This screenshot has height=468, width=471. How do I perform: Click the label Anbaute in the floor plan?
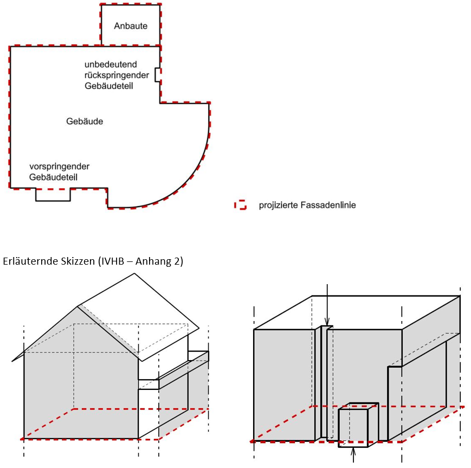[131, 26]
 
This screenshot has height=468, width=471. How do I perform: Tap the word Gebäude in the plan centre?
[85, 121]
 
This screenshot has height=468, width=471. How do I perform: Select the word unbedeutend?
[111, 65]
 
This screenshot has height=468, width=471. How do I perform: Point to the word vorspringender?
[60, 166]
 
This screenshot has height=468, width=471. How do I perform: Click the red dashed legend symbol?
[240, 205]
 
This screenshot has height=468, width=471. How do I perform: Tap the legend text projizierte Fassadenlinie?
[307, 205]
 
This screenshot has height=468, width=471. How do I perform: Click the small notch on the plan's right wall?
[157, 75]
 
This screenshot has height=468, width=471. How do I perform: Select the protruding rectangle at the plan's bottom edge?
[53, 195]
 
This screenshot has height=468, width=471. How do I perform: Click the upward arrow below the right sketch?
[353, 456]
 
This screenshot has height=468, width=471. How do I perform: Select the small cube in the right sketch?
[353, 427]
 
